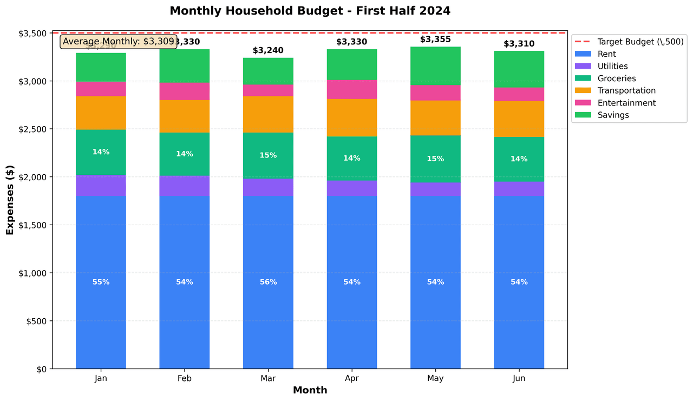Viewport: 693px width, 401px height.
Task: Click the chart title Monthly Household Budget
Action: click(x=310, y=11)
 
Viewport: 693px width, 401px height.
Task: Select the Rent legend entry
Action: click(x=606, y=54)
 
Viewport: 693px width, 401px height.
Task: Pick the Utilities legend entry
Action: click(x=612, y=66)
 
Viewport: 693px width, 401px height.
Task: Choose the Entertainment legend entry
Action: click(x=626, y=103)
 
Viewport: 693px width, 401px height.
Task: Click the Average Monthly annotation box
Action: click(x=119, y=41)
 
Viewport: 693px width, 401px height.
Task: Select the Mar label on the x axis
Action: click(x=268, y=379)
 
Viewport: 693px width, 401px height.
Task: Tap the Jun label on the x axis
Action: click(x=519, y=379)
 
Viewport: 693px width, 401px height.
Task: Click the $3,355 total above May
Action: click(x=435, y=40)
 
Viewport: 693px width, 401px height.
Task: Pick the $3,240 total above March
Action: click(x=268, y=51)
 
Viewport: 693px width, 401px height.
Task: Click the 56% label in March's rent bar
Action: click(x=268, y=282)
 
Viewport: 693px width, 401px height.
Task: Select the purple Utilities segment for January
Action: click(x=101, y=186)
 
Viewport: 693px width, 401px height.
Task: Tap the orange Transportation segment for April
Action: click(x=352, y=117)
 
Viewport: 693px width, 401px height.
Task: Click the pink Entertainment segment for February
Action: click(x=185, y=91)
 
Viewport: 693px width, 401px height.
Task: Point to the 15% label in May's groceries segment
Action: click(x=435, y=159)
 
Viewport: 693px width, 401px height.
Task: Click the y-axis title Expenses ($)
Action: click(x=10, y=201)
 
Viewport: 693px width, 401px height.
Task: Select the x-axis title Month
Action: click(x=310, y=390)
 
